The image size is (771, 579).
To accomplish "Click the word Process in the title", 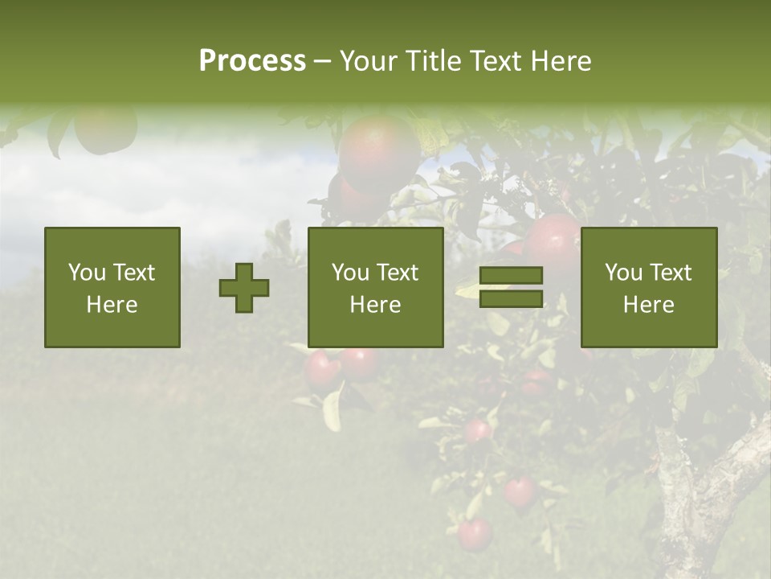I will point(252,61).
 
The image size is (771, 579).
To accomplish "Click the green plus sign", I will point(244,288).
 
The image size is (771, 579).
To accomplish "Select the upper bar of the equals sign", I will point(511,276).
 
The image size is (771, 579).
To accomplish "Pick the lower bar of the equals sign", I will point(511,299).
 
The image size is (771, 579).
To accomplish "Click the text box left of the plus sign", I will point(112,287).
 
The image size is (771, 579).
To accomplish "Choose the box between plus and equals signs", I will point(375,287).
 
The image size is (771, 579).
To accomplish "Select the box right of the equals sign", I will point(649,287).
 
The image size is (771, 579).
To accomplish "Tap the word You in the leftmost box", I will point(86,273).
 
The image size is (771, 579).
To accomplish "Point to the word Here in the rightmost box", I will point(649,304).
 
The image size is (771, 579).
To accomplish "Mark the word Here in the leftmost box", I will point(112,304).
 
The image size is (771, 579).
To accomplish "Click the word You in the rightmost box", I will point(622,273).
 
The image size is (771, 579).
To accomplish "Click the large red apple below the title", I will point(377,153).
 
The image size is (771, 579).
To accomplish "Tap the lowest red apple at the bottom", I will point(474,534).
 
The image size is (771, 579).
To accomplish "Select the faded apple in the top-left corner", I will point(104,130).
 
